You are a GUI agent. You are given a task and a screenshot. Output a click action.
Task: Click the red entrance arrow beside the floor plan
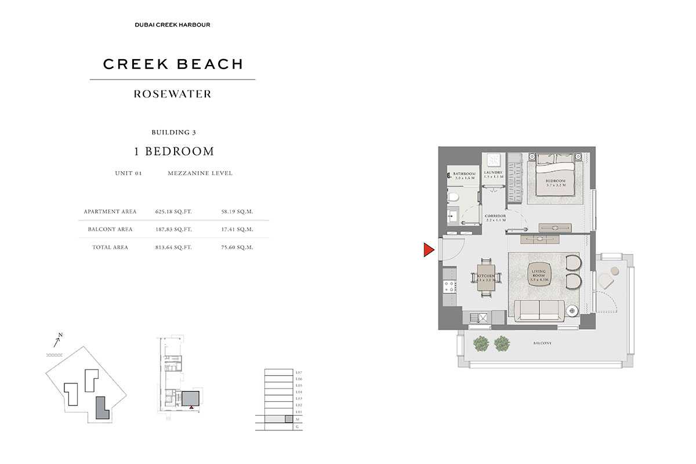[x=428, y=250]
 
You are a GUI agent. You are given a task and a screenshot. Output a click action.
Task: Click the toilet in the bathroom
[x=454, y=198]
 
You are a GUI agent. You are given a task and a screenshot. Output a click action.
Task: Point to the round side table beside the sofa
[x=572, y=311]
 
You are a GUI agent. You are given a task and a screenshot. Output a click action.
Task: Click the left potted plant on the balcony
[x=481, y=343]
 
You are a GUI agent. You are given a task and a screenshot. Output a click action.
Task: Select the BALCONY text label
[x=542, y=343]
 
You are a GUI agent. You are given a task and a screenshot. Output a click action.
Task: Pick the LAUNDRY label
[x=494, y=174]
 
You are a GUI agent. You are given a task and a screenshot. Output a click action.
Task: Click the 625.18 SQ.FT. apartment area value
[x=173, y=212]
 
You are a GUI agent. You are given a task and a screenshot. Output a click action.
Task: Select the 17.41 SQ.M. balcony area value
[x=237, y=229]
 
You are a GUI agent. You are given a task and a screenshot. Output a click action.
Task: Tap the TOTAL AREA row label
[x=110, y=247]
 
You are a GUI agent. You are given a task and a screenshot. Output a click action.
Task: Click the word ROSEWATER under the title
[x=172, y=94]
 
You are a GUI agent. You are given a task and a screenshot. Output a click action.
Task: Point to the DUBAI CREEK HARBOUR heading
[x=172, y=25]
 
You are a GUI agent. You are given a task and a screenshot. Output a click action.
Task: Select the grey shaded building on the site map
[x=102, y=407]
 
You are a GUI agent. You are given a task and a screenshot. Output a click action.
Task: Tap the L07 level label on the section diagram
[x=299, y=372]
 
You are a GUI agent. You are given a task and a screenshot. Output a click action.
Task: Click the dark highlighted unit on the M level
[x=288, y=419]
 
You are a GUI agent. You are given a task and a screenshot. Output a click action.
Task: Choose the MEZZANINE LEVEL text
[x=200, y=173]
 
